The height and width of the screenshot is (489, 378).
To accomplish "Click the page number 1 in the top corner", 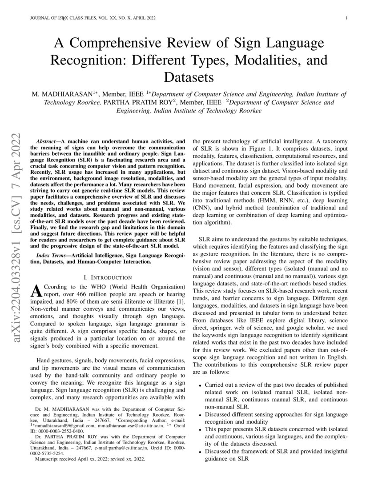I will (x=346, y=18).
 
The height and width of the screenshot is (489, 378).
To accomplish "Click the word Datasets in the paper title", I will (x=189, y=77).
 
